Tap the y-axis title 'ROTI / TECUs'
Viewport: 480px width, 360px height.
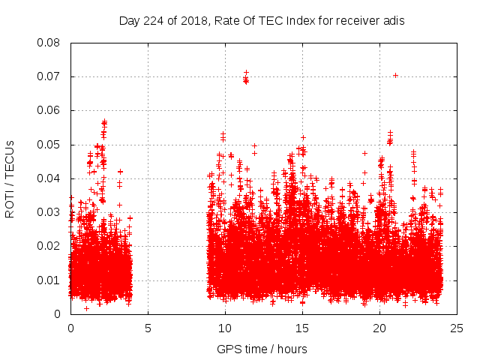[x=10, y=178]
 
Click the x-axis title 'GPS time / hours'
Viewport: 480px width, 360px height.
[x=262, y=349]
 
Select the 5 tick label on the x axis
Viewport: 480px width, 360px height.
[x=148, y=328]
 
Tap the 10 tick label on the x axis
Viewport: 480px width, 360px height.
[x=225, y=328]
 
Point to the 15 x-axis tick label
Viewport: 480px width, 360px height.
[x=302, y=328]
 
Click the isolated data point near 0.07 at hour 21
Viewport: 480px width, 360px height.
[x=395, y=75]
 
